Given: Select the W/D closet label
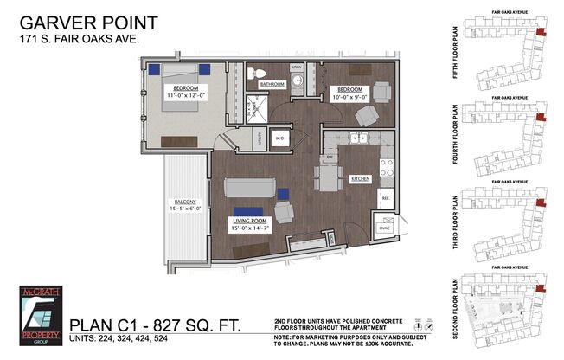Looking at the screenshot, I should tap(280, 138).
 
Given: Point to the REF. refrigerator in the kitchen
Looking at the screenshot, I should tap(384, 197).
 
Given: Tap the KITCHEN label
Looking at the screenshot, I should tap(360, 178).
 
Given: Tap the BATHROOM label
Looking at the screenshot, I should tap(272, 84).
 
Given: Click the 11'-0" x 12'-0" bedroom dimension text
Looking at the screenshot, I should tap(186, 94).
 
